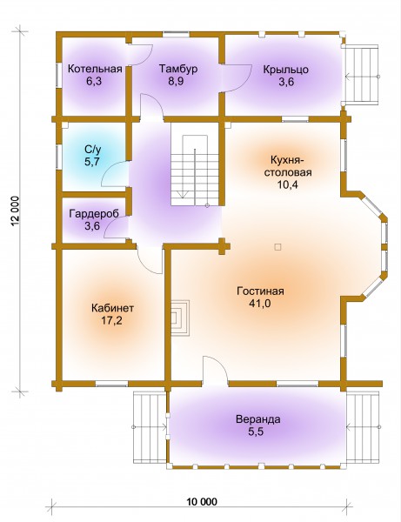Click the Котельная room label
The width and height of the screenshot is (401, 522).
(95, 70)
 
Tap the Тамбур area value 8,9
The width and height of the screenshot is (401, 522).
(177, 82)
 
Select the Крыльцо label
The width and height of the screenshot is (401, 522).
(286, 70)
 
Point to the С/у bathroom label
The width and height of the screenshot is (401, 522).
(93, 150)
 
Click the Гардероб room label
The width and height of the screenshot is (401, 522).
(94, 214)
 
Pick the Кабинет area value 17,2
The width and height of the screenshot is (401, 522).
(112, 320)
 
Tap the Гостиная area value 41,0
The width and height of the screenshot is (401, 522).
(260, 304)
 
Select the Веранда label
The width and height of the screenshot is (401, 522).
(258, 419)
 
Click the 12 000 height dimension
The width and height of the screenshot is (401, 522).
(17, 211)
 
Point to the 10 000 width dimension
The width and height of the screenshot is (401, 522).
(201, 501)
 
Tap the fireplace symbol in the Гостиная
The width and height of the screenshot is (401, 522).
(180, 318)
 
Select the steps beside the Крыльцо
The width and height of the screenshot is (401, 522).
(362, 76)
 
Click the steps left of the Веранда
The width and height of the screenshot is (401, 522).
(150, 427)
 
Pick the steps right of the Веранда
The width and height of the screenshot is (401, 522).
(363, 427)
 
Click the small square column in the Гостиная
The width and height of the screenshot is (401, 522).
(277, 247)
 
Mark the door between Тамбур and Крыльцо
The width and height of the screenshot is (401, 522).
(237, 78)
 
